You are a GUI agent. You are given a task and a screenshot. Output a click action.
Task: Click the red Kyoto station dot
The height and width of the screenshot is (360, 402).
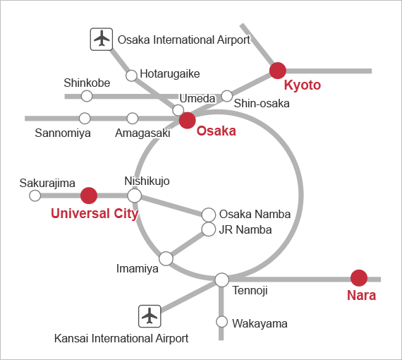[278, 71]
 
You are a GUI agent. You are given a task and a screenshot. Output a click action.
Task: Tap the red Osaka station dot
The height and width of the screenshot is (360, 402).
[188, 120]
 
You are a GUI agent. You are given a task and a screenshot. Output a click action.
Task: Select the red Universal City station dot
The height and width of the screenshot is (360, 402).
[89, 196]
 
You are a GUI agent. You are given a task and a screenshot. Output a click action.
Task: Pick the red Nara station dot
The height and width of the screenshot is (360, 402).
[359, 278]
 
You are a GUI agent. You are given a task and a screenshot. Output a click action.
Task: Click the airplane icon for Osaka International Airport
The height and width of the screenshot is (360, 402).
[102, 40]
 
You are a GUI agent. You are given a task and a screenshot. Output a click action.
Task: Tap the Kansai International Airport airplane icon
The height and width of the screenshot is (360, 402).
[150, 316]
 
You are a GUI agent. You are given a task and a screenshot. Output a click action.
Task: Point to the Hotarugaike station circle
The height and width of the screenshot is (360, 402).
[131, 76]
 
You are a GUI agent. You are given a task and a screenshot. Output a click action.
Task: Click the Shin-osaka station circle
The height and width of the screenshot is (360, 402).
[226, 96]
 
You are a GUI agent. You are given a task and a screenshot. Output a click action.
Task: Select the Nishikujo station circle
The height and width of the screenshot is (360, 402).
[134, 196]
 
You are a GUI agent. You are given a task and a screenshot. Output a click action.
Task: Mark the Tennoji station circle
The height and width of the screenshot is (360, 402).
[221, 280]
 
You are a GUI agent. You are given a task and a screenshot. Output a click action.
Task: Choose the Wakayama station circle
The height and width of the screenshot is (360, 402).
[221, 322]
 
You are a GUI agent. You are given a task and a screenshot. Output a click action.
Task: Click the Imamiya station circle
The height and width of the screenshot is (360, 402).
[166, 258]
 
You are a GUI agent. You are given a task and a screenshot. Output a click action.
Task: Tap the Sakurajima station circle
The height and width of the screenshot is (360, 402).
[35, 196]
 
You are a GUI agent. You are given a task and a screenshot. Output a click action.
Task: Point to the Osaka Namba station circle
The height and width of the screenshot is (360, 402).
[209, 215]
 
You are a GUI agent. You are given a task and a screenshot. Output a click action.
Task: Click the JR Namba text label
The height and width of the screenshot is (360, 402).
[245, 229]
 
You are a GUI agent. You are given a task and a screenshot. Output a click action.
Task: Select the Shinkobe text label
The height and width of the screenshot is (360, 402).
[87, 83]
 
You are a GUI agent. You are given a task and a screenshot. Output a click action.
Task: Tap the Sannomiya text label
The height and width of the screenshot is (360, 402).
[63, 133]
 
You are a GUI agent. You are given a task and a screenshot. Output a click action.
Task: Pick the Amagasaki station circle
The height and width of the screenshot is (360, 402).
[133, 119]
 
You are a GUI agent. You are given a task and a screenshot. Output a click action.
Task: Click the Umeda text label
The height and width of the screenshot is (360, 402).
[197, 99]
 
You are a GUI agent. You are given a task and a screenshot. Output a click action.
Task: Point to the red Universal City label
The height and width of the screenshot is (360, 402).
[95, 213]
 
